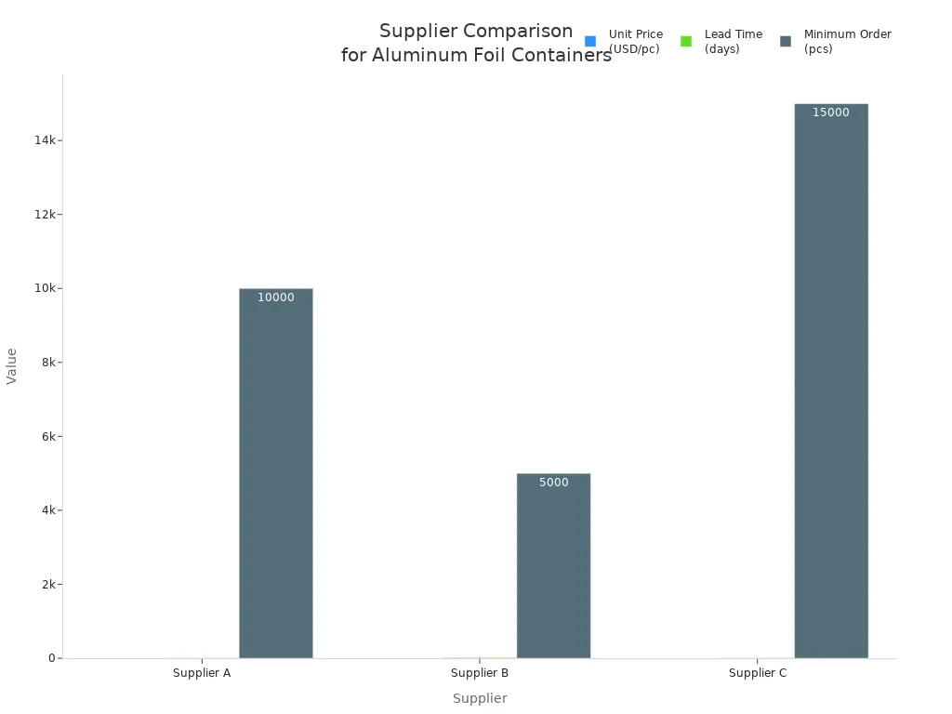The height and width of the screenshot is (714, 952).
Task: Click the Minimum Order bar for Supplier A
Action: pyautogui.click(x=275, y=473)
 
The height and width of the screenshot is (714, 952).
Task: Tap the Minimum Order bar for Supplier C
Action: pyautogui.click(x=831, y=381)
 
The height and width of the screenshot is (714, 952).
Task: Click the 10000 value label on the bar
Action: pyautogui.click(x=275, y=298)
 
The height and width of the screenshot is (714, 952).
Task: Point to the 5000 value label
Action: pyautogui.click(x=553, y=483)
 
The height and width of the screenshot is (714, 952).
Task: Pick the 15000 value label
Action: pyautogui.click(x=831, y=113)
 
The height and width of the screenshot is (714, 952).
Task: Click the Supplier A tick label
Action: pyautogui.click(x=202, y=673)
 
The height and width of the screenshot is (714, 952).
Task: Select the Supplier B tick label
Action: pyautogui.click(x=480, y=673)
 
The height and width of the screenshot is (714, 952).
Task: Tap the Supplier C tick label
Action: pyautogui.click(x=758, y=673)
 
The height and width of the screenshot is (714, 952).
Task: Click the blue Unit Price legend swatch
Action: pyautogui.click(x=590, y=42)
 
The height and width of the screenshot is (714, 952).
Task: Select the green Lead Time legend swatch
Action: pyautogui.click(x=686, y=42)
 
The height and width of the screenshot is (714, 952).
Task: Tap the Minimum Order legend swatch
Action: pyautogui.click(x=786, y=42)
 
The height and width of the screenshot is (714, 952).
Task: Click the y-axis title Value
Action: pyautogui.click(x=12, y=365)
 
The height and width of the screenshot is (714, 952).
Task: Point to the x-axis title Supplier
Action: pyautogui.click(x=480, y=699)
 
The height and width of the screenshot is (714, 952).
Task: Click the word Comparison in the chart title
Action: pyautogui.click(x=522, y=32)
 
